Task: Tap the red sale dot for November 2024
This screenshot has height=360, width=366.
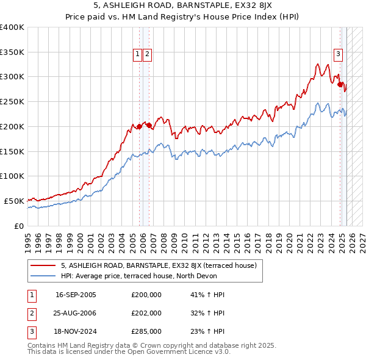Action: click(341, 85)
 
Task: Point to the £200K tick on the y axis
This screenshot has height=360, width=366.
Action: click(12, 126)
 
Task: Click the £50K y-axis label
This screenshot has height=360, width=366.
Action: click(14, 201)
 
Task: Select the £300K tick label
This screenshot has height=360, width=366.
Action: click(12, 77)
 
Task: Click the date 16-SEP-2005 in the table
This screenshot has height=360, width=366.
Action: click(76, 294)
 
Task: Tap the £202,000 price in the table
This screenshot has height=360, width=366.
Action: click(146, 313)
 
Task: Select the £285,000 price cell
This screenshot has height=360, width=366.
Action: click(146, 332)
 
